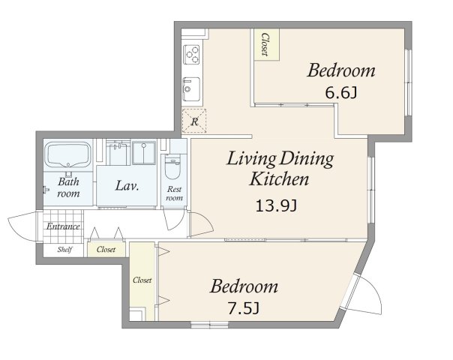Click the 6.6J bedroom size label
tap(341, 93)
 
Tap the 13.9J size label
tap(276, 206)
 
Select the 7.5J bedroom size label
tap(244, 308)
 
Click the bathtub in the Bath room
tap(68, 154)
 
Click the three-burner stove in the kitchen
tap(191, 55)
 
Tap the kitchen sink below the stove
tap(191, 89)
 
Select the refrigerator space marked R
tap(194, 121)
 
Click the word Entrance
tap(63, 226)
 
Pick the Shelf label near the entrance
tap(64, 249)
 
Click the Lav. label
tap(127, 186)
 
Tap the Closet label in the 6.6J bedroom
tap(265, 44)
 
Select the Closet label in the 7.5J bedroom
tap(142, 280)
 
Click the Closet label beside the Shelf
tap(106, 249)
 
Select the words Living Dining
tap(280, 159)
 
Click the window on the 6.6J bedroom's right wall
tap(408, 82)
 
